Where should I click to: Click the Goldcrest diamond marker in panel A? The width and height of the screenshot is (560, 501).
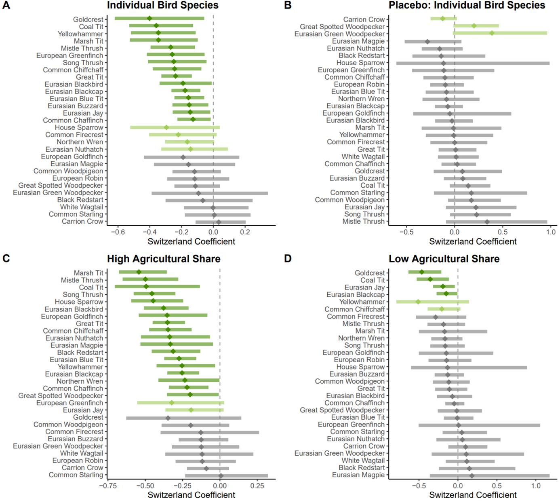pos(149,19)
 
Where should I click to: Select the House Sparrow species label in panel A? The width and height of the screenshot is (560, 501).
pos(79,127)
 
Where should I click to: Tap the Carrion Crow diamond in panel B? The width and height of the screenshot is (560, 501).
pos(442,19)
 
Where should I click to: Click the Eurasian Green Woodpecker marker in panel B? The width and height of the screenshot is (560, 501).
pos(492,33)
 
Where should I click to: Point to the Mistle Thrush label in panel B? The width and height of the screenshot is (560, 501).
pos(363,221)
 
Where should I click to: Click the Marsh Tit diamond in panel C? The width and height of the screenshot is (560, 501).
pos(139,272)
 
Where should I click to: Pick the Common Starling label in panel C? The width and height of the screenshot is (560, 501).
pos(76,475)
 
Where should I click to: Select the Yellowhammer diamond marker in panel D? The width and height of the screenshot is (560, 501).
pos(418,302)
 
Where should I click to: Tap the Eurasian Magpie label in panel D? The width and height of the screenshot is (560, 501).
pos(358,475)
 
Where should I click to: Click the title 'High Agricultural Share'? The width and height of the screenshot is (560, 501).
pos(164,259)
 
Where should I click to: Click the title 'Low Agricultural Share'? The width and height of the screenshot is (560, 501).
pos(444,259)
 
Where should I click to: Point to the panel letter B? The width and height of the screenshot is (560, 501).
pos(288,5)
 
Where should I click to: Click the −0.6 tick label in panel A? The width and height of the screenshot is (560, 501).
pos(118,232)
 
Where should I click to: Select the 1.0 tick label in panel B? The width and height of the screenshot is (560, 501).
pos(551,232)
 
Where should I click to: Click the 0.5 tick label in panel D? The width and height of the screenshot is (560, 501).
pos(497,486)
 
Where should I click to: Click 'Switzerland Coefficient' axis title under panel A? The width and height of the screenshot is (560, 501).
pos(191,241)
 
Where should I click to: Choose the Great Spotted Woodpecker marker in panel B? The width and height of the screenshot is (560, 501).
pos(474,26)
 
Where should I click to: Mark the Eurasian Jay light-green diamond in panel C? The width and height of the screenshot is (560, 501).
pos(191,410)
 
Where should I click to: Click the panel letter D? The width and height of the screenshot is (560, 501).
pos(288,259)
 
